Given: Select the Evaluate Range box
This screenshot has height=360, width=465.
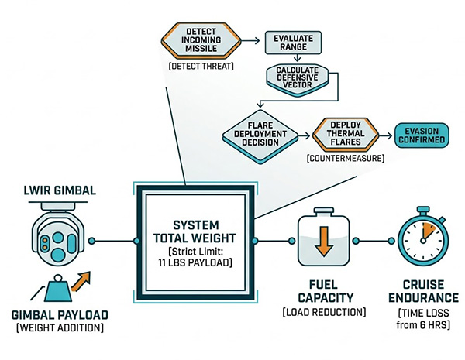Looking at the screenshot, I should pyautogui.click(x=288, y=43).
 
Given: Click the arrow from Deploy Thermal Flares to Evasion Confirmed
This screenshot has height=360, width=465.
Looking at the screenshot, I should pyautogui.click(x=384, y=135).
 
